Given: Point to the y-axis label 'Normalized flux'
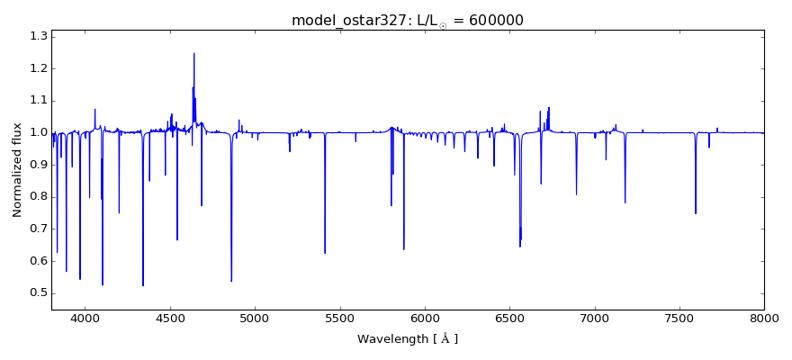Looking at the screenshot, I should pos(18,171).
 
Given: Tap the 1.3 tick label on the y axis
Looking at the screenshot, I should pos(37,36).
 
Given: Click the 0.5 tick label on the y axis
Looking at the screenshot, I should pos(37,293).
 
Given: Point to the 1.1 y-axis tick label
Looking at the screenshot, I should pos(37,101).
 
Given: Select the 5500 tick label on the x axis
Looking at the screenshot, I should pos(339,318).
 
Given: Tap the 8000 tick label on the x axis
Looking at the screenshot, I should pos(763,318).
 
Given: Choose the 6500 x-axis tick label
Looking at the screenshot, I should pos(509,318).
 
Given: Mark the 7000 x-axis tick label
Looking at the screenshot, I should pos(594,318).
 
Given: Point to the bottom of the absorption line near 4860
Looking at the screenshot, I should pos(231,281).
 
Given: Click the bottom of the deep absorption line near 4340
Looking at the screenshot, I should pos(143,285).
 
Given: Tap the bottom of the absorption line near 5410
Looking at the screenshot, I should pos(325,253).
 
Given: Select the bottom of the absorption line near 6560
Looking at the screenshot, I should pos(519,247).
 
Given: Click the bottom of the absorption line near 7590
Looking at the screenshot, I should pos(695,213).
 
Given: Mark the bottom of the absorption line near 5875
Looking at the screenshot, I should pos(403,249).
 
